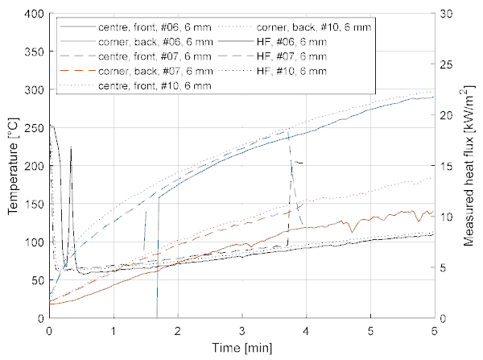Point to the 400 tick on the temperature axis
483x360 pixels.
(x=35, y=14)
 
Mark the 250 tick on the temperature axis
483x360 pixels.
(x=35, y=128)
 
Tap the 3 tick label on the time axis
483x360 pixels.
(x=242, y=330)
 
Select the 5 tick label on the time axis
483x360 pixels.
(x=370, y=330)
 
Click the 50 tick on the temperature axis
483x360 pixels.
(x=38, y=280)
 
